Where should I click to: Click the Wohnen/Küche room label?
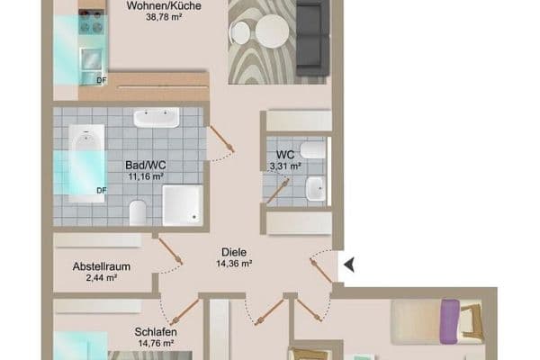163,4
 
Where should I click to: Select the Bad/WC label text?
145,166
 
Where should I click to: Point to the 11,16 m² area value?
145,177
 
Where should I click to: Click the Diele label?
233,252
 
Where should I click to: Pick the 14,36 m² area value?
233,265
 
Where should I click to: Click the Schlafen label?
154,331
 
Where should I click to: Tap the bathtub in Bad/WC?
86,162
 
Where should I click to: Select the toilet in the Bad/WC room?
138,212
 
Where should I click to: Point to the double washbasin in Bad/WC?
156,118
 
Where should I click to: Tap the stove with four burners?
91,24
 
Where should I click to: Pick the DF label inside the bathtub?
102,190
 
